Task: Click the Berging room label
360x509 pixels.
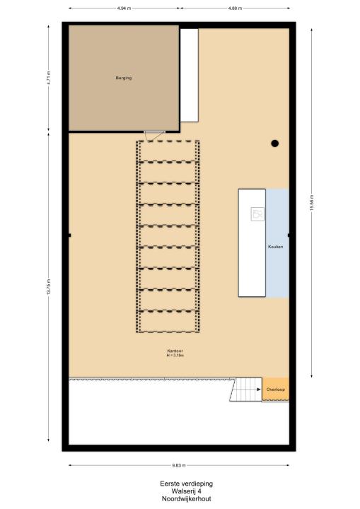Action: (124, 78)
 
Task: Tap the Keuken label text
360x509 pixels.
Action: (276, 247)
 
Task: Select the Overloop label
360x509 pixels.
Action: (276, 390)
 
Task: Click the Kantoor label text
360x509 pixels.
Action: (175, 351)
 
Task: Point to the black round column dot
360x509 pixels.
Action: (275, 143)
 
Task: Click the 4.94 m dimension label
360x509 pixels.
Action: (124, 8)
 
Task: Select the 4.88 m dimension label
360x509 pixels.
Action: (235, 8)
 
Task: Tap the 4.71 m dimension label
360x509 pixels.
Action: (49, 78)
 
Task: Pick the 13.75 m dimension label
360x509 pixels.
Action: (49, 287)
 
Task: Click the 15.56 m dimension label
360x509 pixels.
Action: (312, 203)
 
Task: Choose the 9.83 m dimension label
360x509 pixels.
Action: (179, 465)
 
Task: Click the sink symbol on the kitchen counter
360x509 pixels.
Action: (257, 214)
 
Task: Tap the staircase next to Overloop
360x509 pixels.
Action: (246, 390)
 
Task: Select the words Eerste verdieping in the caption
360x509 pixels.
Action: (187, 484)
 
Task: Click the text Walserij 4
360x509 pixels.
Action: (187, 491)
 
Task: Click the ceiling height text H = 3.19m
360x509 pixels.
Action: (175, 356)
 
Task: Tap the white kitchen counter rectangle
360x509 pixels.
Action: (252, 242)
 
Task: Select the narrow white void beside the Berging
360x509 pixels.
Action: (189, 76)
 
